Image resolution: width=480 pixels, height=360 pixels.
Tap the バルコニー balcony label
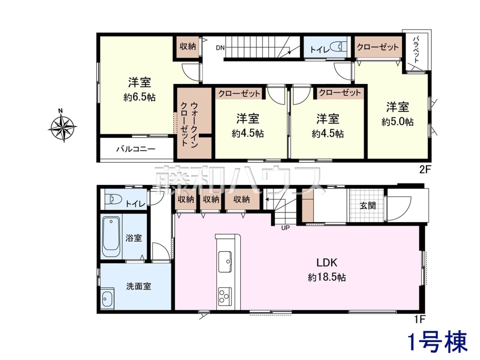[x=136, y=149]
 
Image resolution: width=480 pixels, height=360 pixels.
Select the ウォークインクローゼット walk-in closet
[x=194, y=123]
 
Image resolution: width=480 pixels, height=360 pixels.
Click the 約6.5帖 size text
[x=139, y=97]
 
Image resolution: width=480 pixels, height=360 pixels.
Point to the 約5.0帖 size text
[x=397, y=122]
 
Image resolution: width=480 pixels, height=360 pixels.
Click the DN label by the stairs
[x=220, y=48]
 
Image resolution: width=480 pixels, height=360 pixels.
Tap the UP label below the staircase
[x=285, y=228]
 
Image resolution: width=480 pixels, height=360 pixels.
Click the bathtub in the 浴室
[x=111, y=236]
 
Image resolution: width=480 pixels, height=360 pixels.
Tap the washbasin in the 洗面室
[x=107, y=298]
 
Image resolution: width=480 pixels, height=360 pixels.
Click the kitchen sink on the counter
[x=225, y=262]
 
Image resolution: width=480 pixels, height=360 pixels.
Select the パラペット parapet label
[x=416, y=50]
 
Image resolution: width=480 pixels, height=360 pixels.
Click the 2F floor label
[x=425, y=170]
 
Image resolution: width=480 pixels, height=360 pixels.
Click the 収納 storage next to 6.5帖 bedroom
[x=188, y=47]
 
